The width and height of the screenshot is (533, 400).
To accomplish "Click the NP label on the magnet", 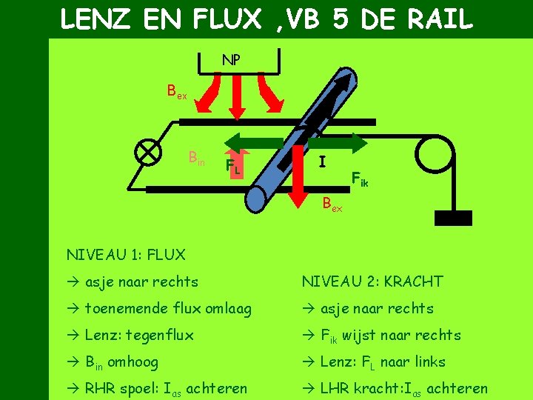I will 231,60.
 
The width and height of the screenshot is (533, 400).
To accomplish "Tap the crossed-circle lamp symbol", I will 150,151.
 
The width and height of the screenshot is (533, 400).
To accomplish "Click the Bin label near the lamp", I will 197,158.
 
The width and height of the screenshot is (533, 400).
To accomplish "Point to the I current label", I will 321,161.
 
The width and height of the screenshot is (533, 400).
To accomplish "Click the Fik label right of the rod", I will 360,179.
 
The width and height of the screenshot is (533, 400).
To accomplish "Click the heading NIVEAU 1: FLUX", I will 126,255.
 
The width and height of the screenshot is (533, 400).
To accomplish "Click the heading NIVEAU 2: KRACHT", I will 372,281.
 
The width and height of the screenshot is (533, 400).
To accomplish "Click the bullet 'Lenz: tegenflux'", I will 130,335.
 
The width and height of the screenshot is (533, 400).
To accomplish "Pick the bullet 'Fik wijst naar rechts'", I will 381,336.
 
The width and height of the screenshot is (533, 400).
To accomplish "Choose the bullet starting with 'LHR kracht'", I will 395,388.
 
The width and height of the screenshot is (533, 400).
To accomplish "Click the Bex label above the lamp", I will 178,93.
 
